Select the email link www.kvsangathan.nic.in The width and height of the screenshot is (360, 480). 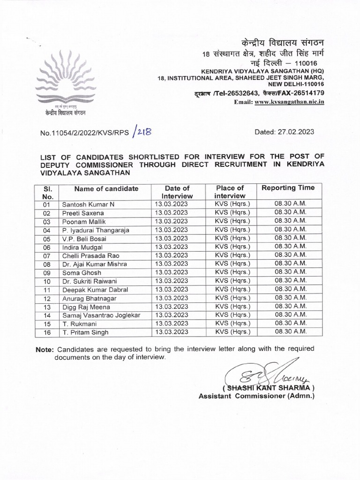click(289, 102)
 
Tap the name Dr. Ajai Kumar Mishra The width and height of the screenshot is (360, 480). click(94, 264)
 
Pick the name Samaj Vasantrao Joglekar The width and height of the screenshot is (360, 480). click(101, 315)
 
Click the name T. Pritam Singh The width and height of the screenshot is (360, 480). click(85, 332)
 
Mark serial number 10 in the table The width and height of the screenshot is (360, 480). click(46, 281)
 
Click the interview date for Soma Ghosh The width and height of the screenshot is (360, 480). click(171, 272)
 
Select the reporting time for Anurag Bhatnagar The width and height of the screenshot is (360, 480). click(290, 298)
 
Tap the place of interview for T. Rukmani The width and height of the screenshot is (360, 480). click(232, 323)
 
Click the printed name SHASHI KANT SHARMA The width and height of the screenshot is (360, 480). click(269, 388)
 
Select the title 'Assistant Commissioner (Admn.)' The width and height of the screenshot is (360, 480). click(256, 396)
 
